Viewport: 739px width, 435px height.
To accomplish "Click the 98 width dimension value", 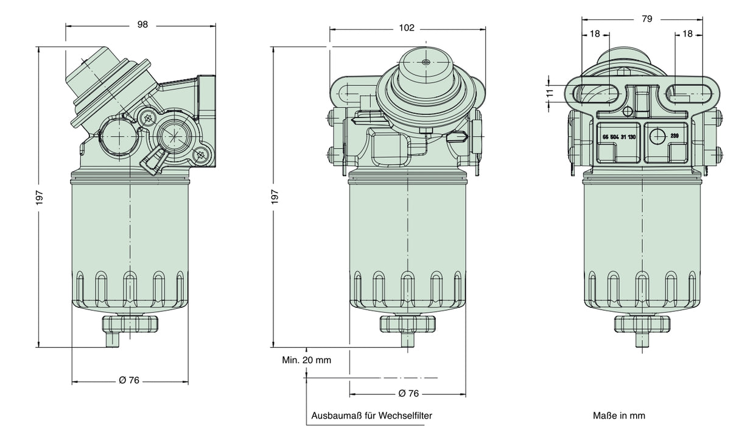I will (x=142, y=25).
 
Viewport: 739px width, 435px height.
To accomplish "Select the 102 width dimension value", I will (x=407, y=27).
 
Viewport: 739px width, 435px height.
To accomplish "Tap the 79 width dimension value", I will (x=646, y=19).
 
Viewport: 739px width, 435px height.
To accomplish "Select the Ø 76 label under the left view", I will (x=129, y=380).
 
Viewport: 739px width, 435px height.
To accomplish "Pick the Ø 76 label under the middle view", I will (x=408, y=394).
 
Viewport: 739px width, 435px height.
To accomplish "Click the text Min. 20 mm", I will (x=306, y=360).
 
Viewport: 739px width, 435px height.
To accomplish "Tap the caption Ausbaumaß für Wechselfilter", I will (x=372, y=416).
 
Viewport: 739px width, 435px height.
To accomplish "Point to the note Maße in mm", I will (x=619, y=416).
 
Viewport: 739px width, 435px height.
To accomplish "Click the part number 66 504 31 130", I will (x=618, y=137).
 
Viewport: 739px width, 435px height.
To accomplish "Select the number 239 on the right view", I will (x=674, y=136).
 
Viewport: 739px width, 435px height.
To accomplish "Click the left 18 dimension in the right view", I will (x=595, y=34).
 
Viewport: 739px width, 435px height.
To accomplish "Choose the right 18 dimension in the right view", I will (x=688, y=34).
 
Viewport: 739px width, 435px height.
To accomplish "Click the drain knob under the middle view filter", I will (x=407, y=324).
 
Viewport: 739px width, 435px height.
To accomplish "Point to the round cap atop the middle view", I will (x=425, y=70).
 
